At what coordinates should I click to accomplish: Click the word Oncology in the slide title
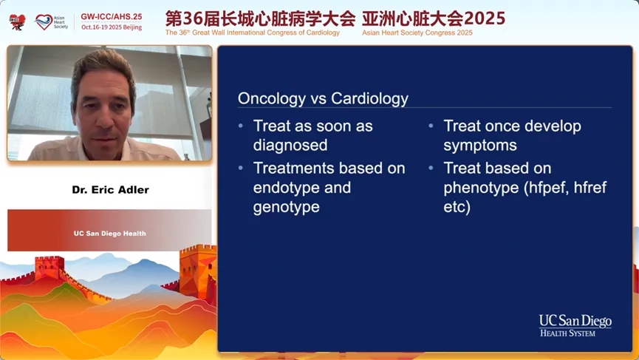[x=272, y=99]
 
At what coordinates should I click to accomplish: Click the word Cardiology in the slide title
[x=369, y=99]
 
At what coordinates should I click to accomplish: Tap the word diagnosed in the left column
[x=290, y=146]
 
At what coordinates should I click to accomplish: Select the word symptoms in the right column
[x=480, y=146]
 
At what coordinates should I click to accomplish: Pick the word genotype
[x=286, y=208]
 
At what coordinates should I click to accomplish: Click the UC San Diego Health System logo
[x=575, y=326]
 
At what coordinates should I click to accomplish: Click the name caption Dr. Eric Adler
[x=110, y=189]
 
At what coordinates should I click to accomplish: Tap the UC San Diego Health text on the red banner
[x=109, y=234]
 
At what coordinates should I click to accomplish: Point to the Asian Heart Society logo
[x=52, y=22]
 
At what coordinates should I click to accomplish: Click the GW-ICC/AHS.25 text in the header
[x=112, y=17]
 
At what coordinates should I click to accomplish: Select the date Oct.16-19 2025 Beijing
[x=112, y=27]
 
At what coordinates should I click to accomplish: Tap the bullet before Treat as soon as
[x=241, y=126]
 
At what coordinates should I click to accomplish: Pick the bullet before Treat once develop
[x=431, y=126]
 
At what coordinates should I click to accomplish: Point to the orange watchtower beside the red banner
[x=197, y=274]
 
